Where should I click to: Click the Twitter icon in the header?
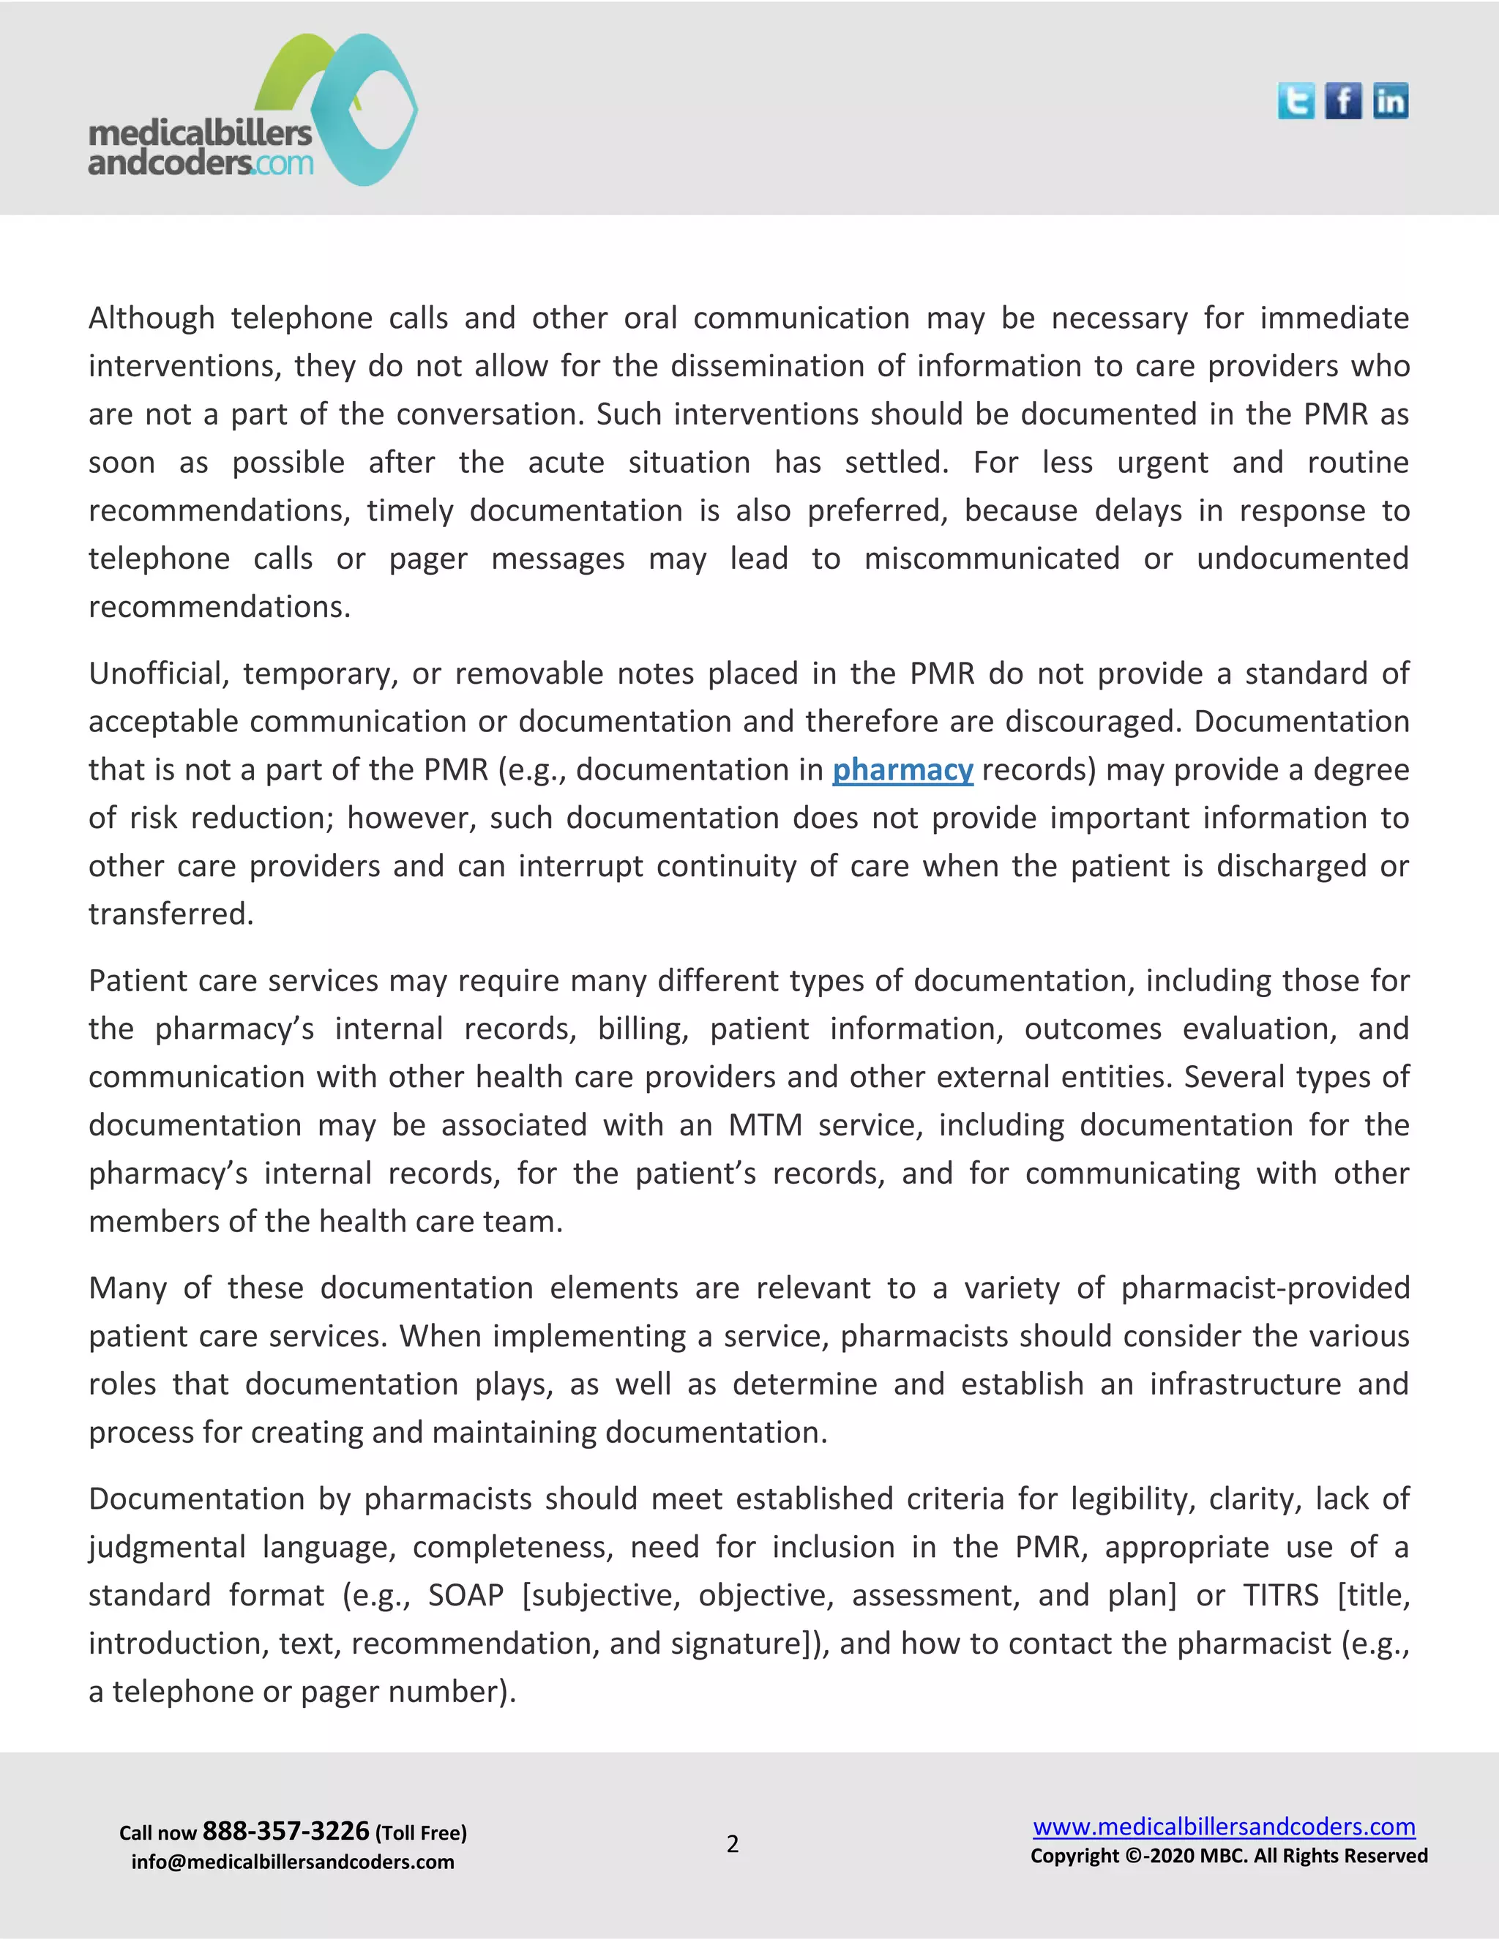(x=1296, y=100)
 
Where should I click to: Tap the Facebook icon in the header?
(x=1342, y=100)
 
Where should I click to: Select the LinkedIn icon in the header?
(x=1391, y=100)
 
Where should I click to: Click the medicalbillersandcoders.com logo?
(x=253, y=111)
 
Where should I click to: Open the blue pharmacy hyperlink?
(x=902, y=769)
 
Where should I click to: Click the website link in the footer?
(x=1224, y=1827)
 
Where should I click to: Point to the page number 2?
(x=733, y=1844)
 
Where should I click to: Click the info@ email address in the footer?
(x=292, y=1862)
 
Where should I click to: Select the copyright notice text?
(x=1229, y=1856)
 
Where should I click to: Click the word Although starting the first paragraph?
(x=151, y=318)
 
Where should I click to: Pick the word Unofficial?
(x=159, y=674)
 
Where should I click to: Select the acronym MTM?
(x=765, y=1125)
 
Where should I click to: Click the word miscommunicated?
(x=991, y=559)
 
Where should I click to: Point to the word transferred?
(x=171, y=914)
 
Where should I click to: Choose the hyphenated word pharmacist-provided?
(x=1265, y=1288)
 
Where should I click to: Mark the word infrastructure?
(x=1245, y=1384)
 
